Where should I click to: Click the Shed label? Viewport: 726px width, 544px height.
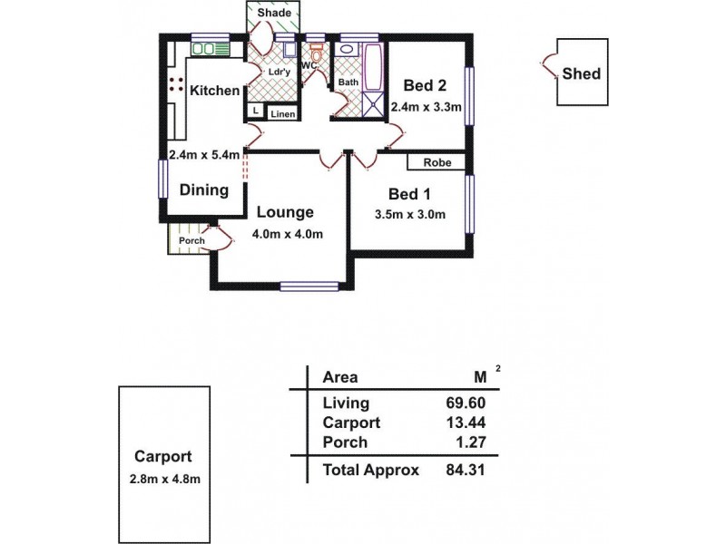pyautogui.click(x=581, y=73)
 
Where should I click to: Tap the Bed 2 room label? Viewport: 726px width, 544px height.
pyautogui.click(x=425, y=86)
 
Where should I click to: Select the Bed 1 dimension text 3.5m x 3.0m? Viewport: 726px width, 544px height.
pyautogui.click(x=409, y=215)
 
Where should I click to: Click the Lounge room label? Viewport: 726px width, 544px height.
pyautogui.click(x=284, y=212)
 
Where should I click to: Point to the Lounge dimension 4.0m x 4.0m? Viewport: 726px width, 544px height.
pyautogui.click(x=288, y=234)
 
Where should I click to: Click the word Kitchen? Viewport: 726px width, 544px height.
pyautogui.click(x=215, y=91)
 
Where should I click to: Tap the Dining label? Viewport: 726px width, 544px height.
pyautogui.click(x=203, y=190)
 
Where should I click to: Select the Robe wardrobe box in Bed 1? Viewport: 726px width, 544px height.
pyautogui.click(x=436, y=163)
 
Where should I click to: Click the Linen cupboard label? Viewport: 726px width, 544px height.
pyautogui.click(x=282, y=113)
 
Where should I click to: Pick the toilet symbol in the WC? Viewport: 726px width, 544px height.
pyautogui.click(x=315, y=53)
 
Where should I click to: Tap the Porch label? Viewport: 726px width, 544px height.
pyautogui.click(x=191, y=240)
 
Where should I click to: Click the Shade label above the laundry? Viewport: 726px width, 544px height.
pyautogui.click(x=274, y=14)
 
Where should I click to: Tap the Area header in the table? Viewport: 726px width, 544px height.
pyautogui.click(x=339, y=377)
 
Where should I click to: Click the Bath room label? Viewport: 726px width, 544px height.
pyautogui.click(x=348, y=83)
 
